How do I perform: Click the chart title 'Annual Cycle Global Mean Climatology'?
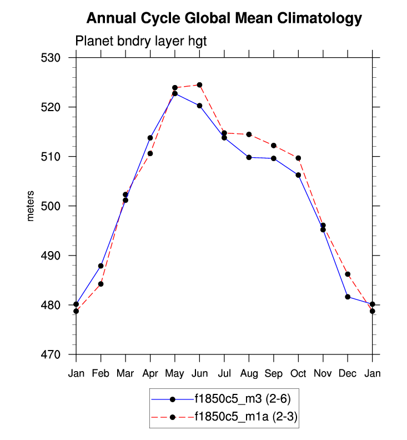(224, 19)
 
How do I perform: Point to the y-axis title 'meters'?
(31, 206)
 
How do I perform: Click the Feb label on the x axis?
(101, 374)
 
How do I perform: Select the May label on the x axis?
(174, 374)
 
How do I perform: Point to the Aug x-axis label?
(249, 374)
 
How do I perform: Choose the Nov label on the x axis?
(323, 374)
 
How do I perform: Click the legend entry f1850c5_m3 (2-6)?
(242, 398)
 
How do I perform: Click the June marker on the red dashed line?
(199, 85)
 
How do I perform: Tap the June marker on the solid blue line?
(199, 106)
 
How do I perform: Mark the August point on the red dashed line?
(249, 134)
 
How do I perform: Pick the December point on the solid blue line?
(348, 297)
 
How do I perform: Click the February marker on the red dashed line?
(101, 284)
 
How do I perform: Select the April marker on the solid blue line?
(150, 138)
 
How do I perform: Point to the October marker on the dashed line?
(298, 158)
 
